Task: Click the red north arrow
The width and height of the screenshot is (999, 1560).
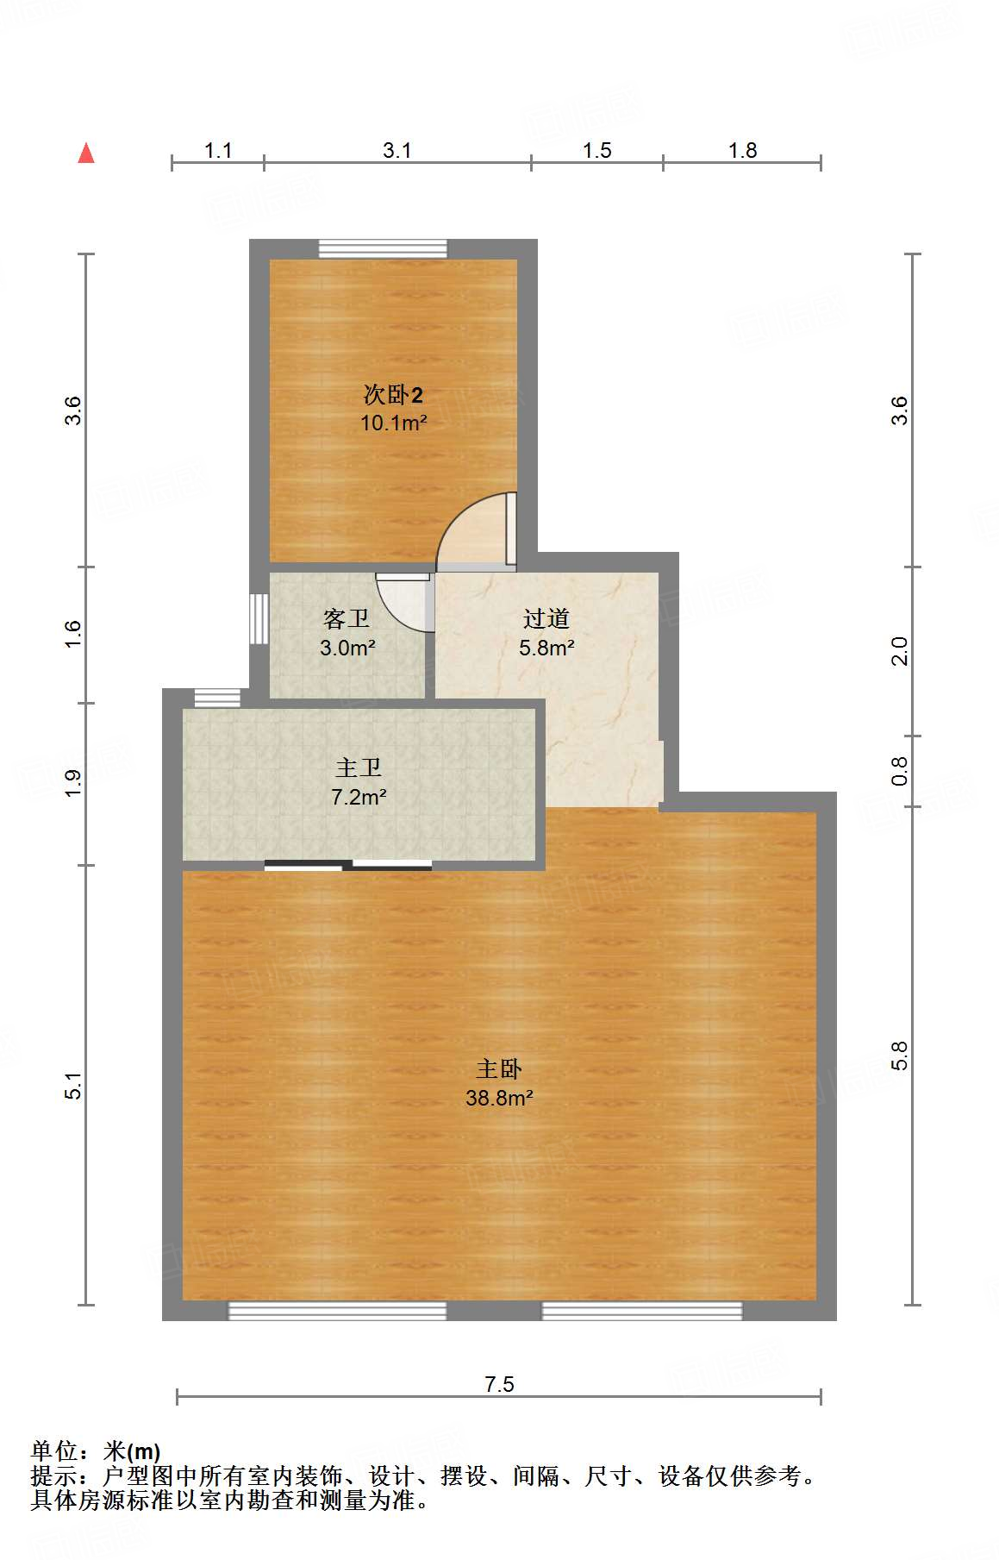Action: click(x=86, y=153)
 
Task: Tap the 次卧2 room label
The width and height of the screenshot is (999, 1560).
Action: click(x=393, y=395)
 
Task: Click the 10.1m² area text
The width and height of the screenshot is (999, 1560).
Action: click(x=393, y=423)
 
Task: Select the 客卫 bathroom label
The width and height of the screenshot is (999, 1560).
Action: click(x=347, y=618)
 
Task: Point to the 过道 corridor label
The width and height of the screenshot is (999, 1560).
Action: click(x=546, y=618)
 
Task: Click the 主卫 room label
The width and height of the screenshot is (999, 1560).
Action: click(x=359, y=767)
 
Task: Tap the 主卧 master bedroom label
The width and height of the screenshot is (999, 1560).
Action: click(x=499, y=1069)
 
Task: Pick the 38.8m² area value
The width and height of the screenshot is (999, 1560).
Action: click(x=499, y=1098)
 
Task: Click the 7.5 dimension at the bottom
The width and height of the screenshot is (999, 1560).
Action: click(x=499, y=1384)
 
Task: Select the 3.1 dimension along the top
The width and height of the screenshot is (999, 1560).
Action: click(x=397, y=150)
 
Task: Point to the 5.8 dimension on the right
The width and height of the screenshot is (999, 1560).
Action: click(x=899, y=1056)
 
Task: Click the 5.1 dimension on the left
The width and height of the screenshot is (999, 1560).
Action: click(x=73, y=1086)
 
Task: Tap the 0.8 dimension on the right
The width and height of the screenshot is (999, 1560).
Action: click(x=899, y=770)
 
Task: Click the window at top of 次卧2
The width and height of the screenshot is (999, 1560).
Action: click(x=384, y=248)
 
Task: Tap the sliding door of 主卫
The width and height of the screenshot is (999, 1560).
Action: click(x=348, y=865)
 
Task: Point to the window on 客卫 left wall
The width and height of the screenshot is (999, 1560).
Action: click(x=259, y=618)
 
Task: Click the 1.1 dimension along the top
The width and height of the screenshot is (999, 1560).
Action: click(x=218, y=150)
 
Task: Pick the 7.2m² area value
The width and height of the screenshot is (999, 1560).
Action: click(x=359, y=797)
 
